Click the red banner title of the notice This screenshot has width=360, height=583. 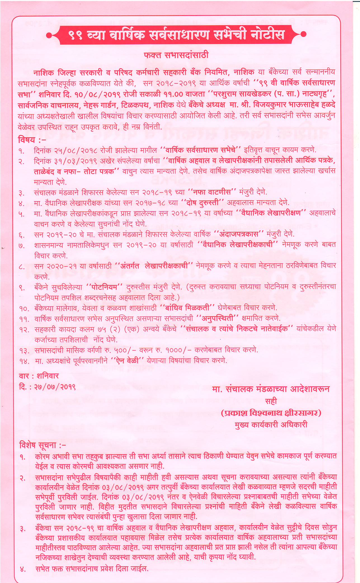[176, 35]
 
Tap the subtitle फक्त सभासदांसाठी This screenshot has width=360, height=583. [176, 55]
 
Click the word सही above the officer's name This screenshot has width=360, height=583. [271, 401]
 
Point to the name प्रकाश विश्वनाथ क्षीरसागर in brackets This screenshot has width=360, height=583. [271, 413]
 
